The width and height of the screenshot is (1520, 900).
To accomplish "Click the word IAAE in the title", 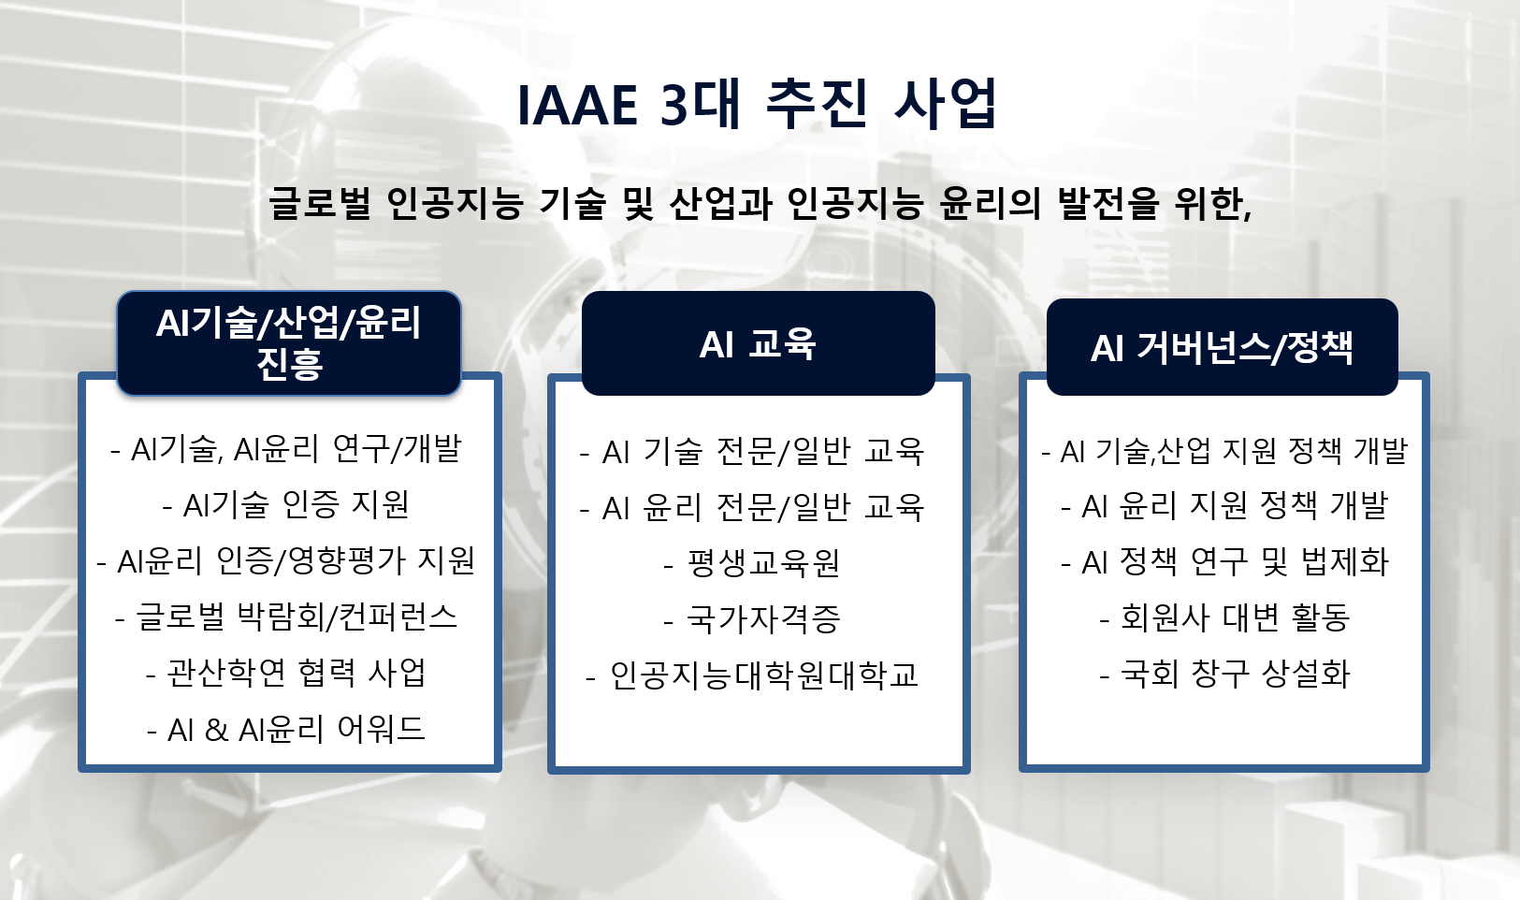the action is pyautogui.click(x=577, y=105).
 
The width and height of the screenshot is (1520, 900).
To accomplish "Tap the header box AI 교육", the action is pyautogui.click(x=758, y=343).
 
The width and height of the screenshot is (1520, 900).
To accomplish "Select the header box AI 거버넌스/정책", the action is pyautogui.click(x=1223, y=347).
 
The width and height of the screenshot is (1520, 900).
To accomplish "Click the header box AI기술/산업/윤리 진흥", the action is pyautogui.click(x=289, y=343).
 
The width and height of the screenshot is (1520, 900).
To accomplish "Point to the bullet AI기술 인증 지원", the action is pyautogui.click(x=286, y=504).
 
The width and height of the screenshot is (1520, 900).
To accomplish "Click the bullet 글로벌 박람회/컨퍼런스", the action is pyautogui.click(x=286, y=617).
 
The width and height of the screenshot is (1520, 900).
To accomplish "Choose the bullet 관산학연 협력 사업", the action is pyautogui.click(x=286, y=674).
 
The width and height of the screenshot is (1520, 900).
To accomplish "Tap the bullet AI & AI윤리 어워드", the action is pyautogui.click(x=286, y=730).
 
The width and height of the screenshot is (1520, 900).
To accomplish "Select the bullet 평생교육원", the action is pyautogui.click(x=752, y=563).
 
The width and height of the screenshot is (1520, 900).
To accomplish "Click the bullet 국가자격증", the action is pyautogui.click(x=752, y=619).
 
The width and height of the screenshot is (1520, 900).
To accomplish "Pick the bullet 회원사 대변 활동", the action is pyautogui.click(x=1224, y=617).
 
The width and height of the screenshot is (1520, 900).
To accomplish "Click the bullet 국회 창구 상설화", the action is pyautogui.click(x=1224, y=674).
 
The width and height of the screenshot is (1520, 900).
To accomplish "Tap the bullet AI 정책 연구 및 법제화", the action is pyautogui.click(x=1224, y=562).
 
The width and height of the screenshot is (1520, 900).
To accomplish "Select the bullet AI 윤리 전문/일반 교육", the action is pyautogui.click(x=752, y=507).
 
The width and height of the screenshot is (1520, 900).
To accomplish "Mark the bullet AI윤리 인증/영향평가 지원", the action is pyautogui.click(x=286, y=560).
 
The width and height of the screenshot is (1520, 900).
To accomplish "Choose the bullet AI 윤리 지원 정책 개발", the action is pyautogui.click(x=1224, y=505).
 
